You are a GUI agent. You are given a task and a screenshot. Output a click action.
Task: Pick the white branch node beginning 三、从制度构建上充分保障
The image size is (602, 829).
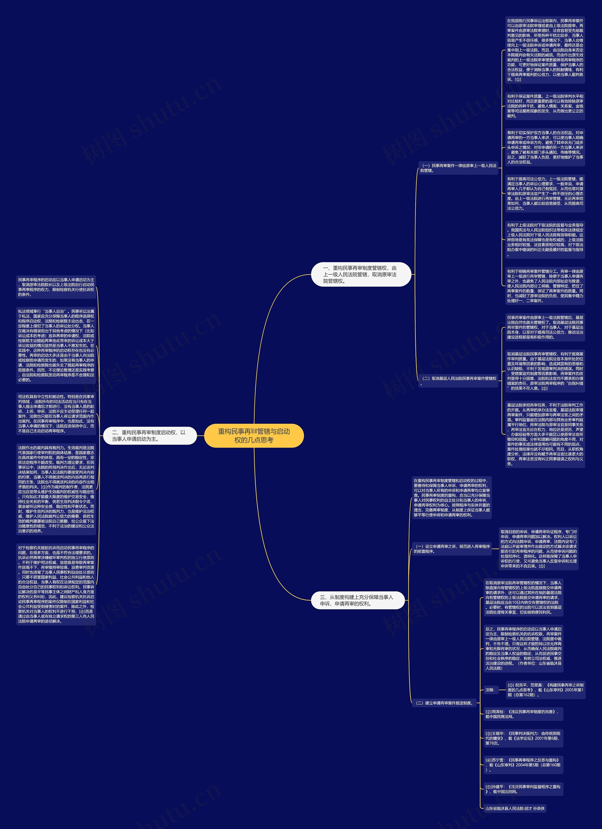(x=357, y=600)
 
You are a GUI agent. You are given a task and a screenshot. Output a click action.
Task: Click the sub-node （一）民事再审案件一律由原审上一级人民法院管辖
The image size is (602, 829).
(x=459, y=168)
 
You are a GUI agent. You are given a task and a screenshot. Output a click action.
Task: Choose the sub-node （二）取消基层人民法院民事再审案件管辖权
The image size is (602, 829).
(x=459, y=381)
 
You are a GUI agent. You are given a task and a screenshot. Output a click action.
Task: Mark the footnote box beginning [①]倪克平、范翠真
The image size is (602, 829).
(x=545, y=690)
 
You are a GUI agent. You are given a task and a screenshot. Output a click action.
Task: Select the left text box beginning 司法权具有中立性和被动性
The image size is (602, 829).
(x=56, y=413)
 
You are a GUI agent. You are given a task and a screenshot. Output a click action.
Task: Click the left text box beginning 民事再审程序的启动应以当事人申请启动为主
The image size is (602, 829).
(x=56, y=287)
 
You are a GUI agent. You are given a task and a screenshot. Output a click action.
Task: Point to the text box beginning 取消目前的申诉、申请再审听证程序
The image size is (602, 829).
(x=539, y=549)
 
